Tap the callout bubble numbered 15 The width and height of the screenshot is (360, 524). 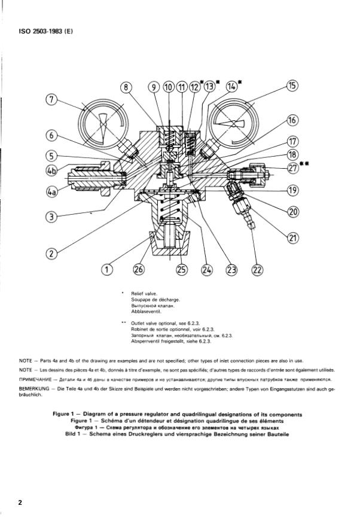(x=292, y=86)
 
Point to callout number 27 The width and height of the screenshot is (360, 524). (x=292, y=169)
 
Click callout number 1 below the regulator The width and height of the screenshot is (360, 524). (x=106, y=270)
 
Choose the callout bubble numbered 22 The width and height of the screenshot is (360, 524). (x=257, y=270)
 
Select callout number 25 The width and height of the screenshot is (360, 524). (x=182, y=270)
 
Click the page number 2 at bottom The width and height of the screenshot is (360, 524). (x=20, y=502)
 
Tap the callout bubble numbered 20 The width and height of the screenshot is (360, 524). (x=292, y=211)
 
